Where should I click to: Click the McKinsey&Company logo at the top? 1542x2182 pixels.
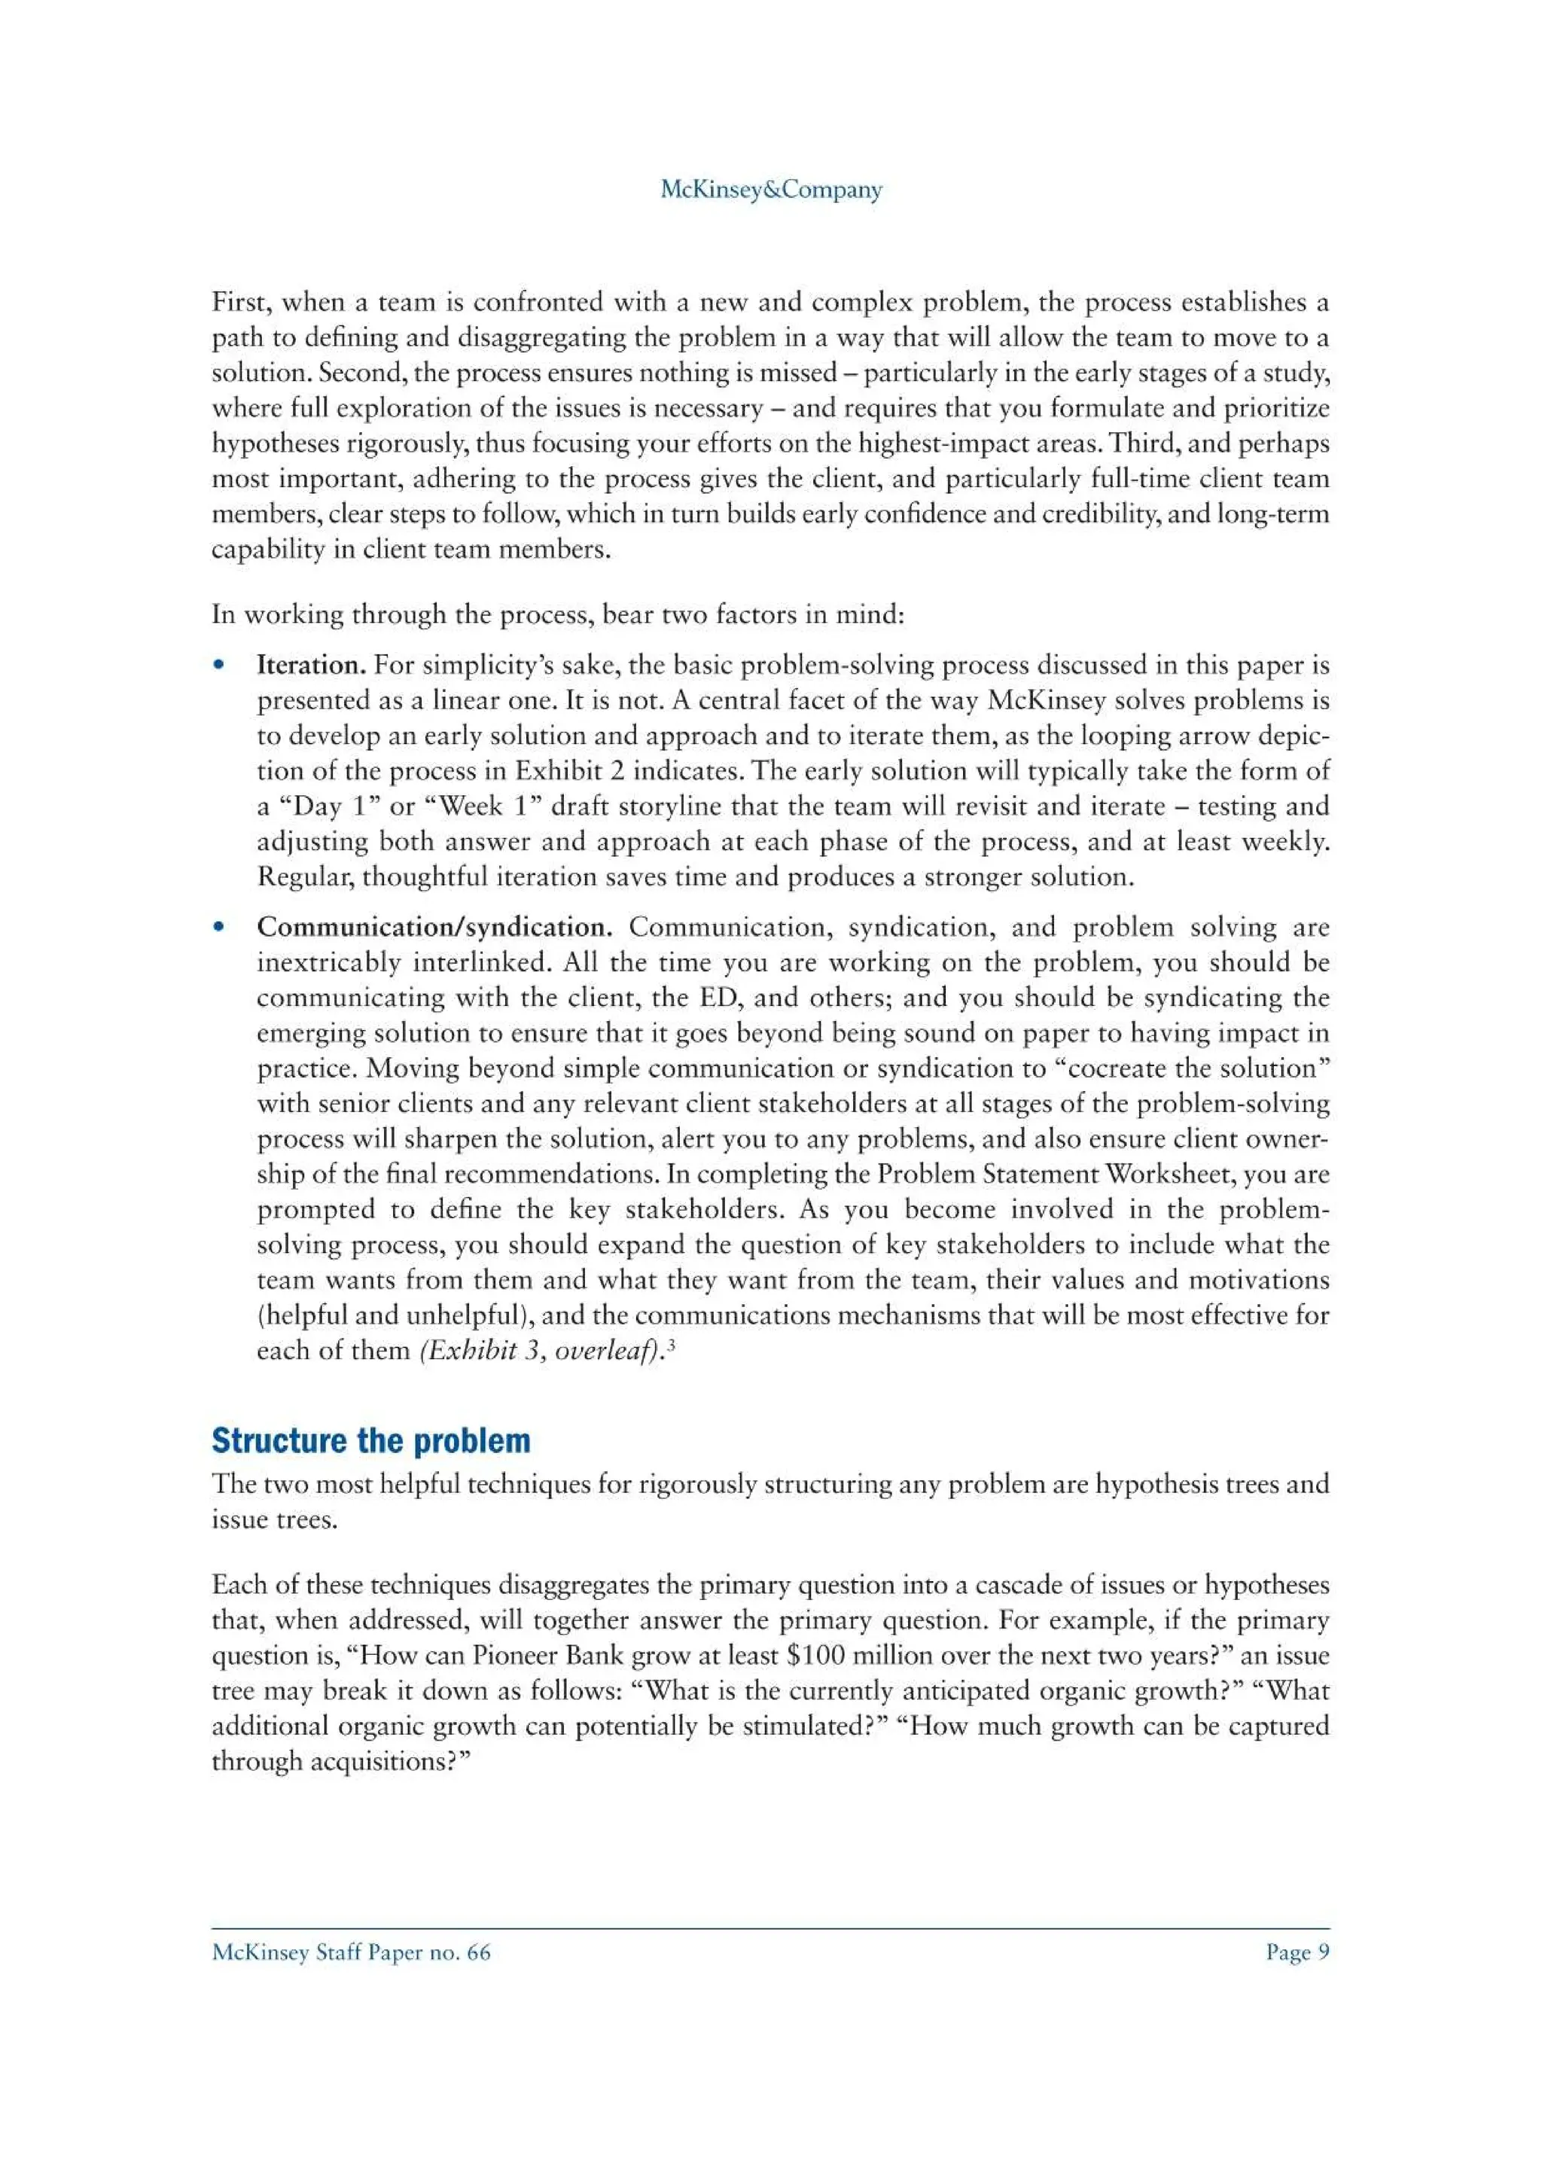770,189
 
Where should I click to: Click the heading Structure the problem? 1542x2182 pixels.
370,1440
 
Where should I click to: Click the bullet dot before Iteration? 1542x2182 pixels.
219,666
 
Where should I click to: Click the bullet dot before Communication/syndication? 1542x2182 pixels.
219,927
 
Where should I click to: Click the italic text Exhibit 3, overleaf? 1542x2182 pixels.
541,1351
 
